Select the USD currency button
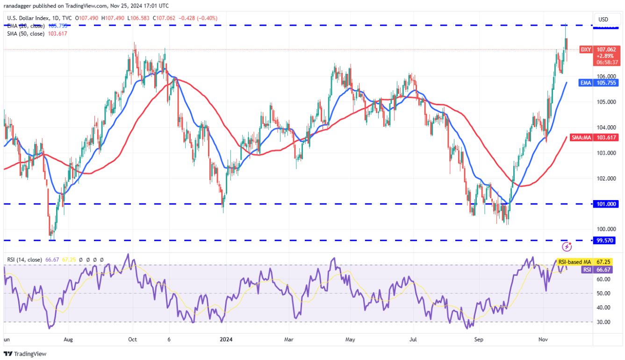(x=603, y=19)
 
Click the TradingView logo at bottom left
(x=25, y=354)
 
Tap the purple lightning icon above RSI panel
(x=567, y=246)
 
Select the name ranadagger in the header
(x=21, y=6)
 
